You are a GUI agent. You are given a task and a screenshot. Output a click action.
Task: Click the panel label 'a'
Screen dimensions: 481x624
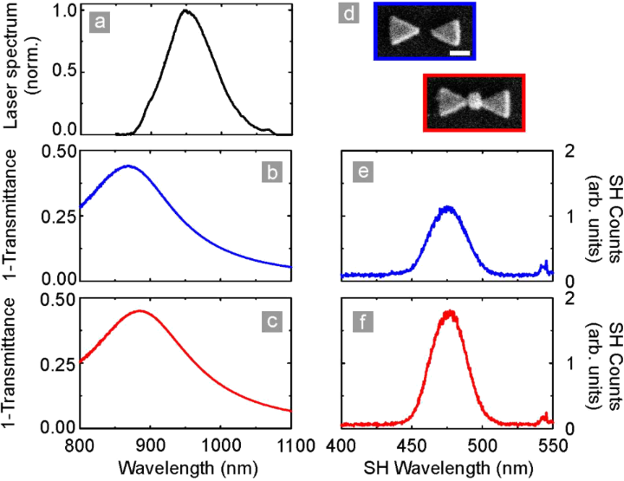101,24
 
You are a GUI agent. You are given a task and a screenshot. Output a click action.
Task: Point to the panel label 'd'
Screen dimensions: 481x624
353,15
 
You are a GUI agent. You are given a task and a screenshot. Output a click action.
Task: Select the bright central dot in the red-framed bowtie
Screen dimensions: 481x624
474,101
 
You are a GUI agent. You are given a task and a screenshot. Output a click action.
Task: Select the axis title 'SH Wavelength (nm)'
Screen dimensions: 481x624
448,467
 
